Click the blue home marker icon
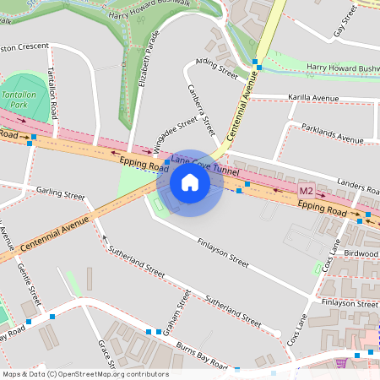[190, 182]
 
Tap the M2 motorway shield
[307, 191]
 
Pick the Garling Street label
[61, 193]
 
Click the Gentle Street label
[29, 284]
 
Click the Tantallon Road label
[55, 93]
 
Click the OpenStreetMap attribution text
[84, 374]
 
